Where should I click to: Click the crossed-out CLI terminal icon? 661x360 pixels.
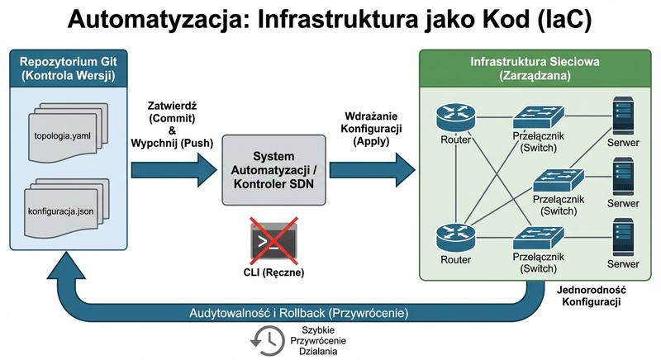[272, 239]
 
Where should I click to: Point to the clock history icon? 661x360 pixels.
[266, 338]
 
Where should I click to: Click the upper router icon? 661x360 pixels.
[453, 116]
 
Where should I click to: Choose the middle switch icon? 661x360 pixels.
[559, 178]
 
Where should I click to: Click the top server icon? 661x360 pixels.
[623, 114]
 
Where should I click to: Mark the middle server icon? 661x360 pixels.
[623, 176]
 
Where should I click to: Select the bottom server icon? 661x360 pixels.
[623, 237]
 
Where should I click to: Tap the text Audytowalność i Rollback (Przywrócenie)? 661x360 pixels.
[298, 314]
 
